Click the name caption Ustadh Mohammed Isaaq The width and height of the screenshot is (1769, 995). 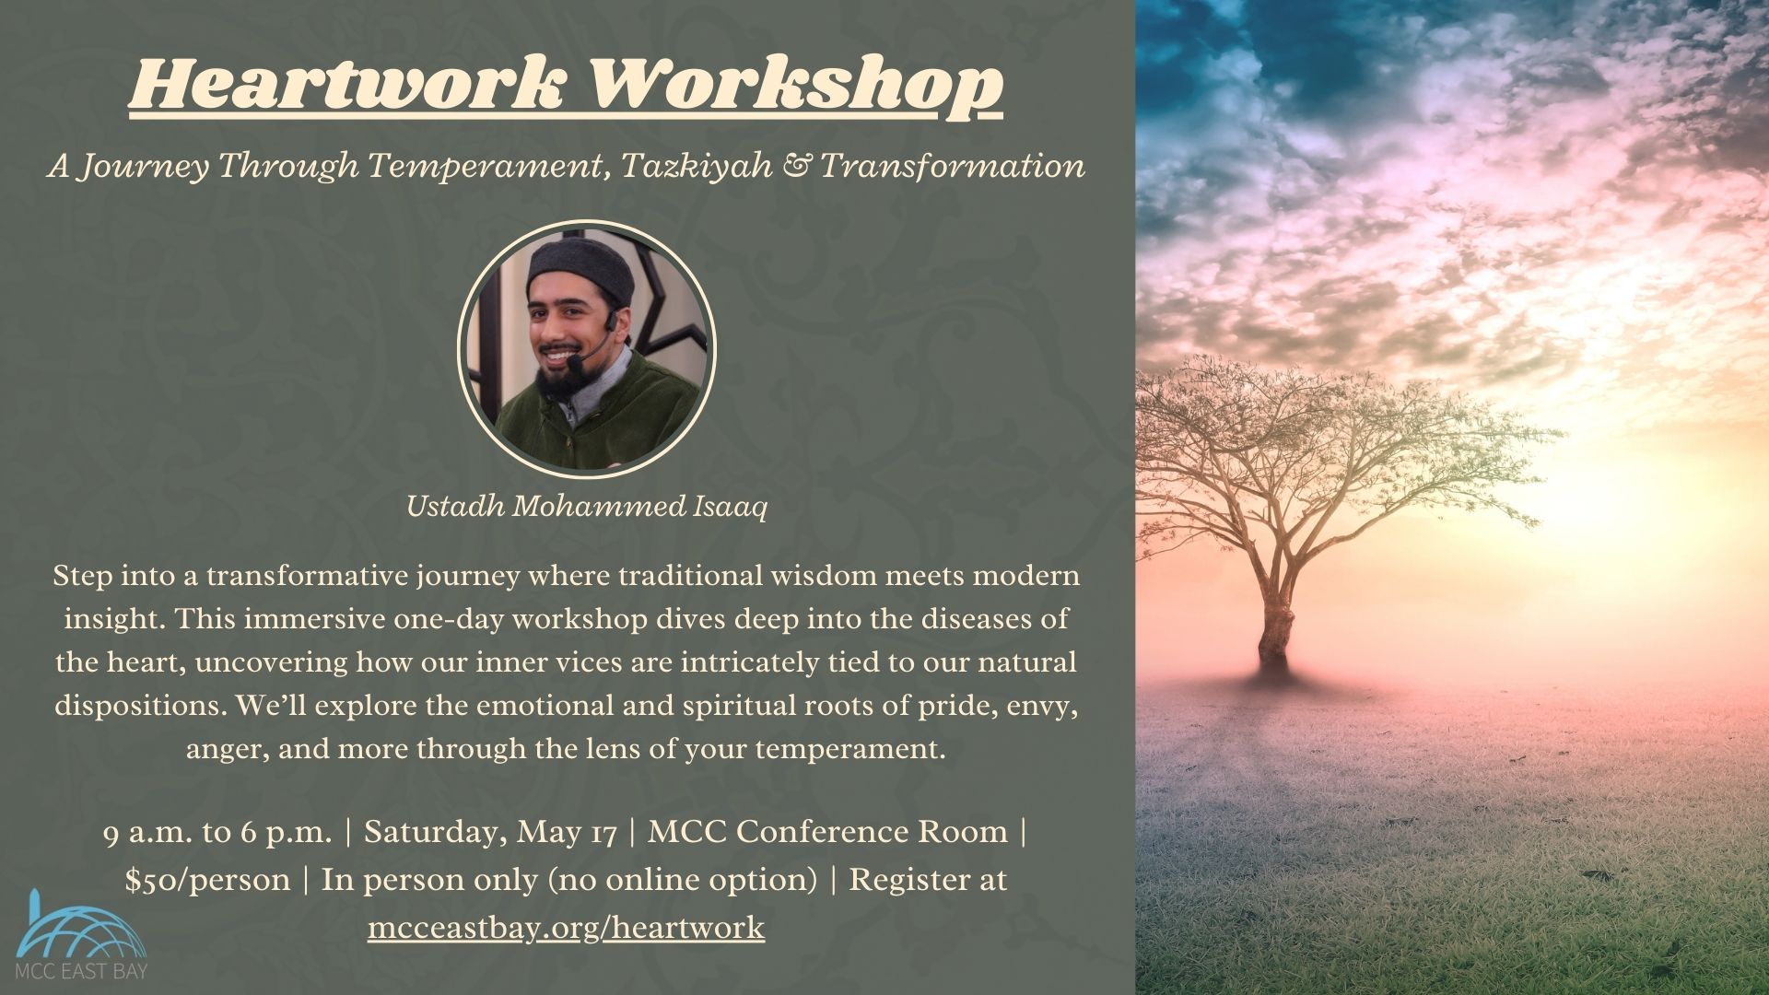[x=587, y=507]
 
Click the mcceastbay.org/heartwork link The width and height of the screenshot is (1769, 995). [x=566, y=927]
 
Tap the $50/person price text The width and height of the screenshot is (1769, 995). [x=207, y=880]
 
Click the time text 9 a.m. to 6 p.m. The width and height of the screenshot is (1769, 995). [x=217, y=832]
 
